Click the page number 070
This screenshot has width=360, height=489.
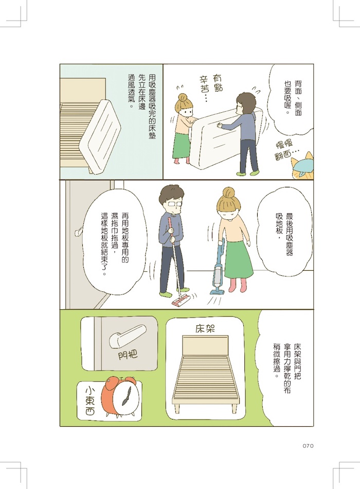pyautogui.click(x=308, y=446)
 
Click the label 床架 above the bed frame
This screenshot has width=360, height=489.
pyautogui.click(x=205, y=329)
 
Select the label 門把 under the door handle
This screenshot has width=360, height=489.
pyautogui.click(x=128, y=354)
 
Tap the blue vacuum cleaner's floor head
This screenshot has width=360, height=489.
pyautogui.click(x=217, y=291)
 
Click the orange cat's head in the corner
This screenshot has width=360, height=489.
pyautogui.click(x=302, y=167)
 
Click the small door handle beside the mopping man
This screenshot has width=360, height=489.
pyautogui.click(x=78, y=231)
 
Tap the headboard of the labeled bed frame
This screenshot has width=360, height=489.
pyautogui.click(x=205, y=346)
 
